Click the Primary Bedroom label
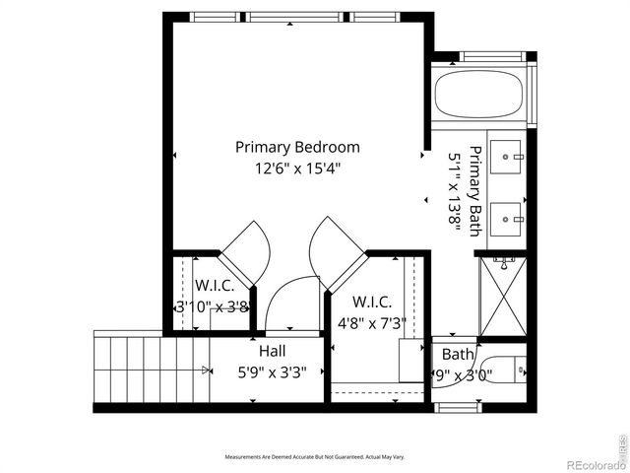click(297, 147)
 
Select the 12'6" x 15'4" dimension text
click(297, 169)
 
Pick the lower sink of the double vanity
click(509, 218)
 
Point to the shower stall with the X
click(502, 295)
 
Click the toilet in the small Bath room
click(504, 371)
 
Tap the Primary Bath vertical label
click(474, 191)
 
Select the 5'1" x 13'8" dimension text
click(455, 191)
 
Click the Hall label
click(273, 352)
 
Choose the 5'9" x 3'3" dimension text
click(273, 372)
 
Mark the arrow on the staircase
click(206, 371)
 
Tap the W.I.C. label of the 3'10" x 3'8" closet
click(214, 286)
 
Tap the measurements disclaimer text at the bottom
click(314, 457)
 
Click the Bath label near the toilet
click(458, 354)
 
